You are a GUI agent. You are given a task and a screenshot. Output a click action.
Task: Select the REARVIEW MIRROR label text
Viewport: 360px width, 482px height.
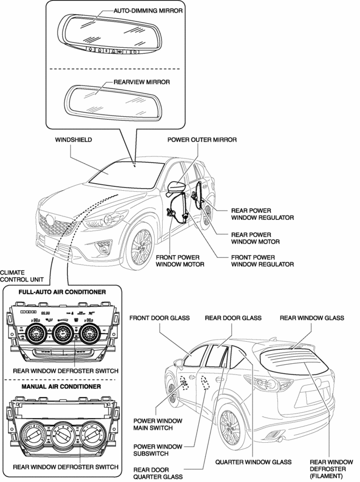[142, 82]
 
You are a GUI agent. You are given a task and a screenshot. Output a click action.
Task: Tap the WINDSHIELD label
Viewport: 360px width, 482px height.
[74, 139]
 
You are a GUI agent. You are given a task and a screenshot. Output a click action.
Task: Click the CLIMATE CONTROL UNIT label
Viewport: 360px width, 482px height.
[20, 276]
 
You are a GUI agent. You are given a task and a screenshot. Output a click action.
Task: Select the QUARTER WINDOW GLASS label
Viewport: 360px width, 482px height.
[254, 461]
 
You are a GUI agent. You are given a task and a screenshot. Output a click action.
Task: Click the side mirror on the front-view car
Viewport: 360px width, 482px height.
[176, 188]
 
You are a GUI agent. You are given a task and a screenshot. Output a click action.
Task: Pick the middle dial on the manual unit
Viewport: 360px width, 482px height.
[62, 433]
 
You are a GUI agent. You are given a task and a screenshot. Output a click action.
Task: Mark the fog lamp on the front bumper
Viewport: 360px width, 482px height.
[101, 248]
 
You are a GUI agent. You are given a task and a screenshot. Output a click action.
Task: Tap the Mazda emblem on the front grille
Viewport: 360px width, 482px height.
[49, 220]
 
